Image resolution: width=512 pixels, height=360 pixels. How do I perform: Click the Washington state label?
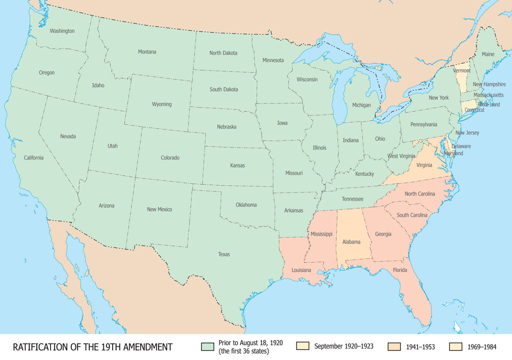coord(62,31)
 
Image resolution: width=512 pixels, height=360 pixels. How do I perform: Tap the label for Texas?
coord(224,254)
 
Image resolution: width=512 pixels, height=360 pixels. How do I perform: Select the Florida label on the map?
coord(399,270)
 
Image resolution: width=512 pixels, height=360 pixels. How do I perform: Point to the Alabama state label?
coord(351,242)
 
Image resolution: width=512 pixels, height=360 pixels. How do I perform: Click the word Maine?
coord(488,54)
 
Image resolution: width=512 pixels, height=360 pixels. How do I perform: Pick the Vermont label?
coord(462,71)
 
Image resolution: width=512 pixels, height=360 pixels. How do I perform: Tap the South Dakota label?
coord(224,89)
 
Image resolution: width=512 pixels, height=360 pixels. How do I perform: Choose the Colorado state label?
coord(170,158)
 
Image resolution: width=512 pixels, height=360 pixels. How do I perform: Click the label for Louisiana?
coord(297,270)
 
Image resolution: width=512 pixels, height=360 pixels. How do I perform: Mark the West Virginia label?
coord(401,156)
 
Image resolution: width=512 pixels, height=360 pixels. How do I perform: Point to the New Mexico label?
coord(159,209)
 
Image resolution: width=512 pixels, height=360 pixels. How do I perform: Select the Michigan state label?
coord(361,105)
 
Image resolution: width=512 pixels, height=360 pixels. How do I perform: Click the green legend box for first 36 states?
coord(207,346)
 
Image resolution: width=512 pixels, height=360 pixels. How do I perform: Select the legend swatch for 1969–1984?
coord(456,346)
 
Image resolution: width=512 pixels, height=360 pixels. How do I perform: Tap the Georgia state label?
coord(383,233)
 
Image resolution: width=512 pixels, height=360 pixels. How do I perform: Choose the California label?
coord(34,158)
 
